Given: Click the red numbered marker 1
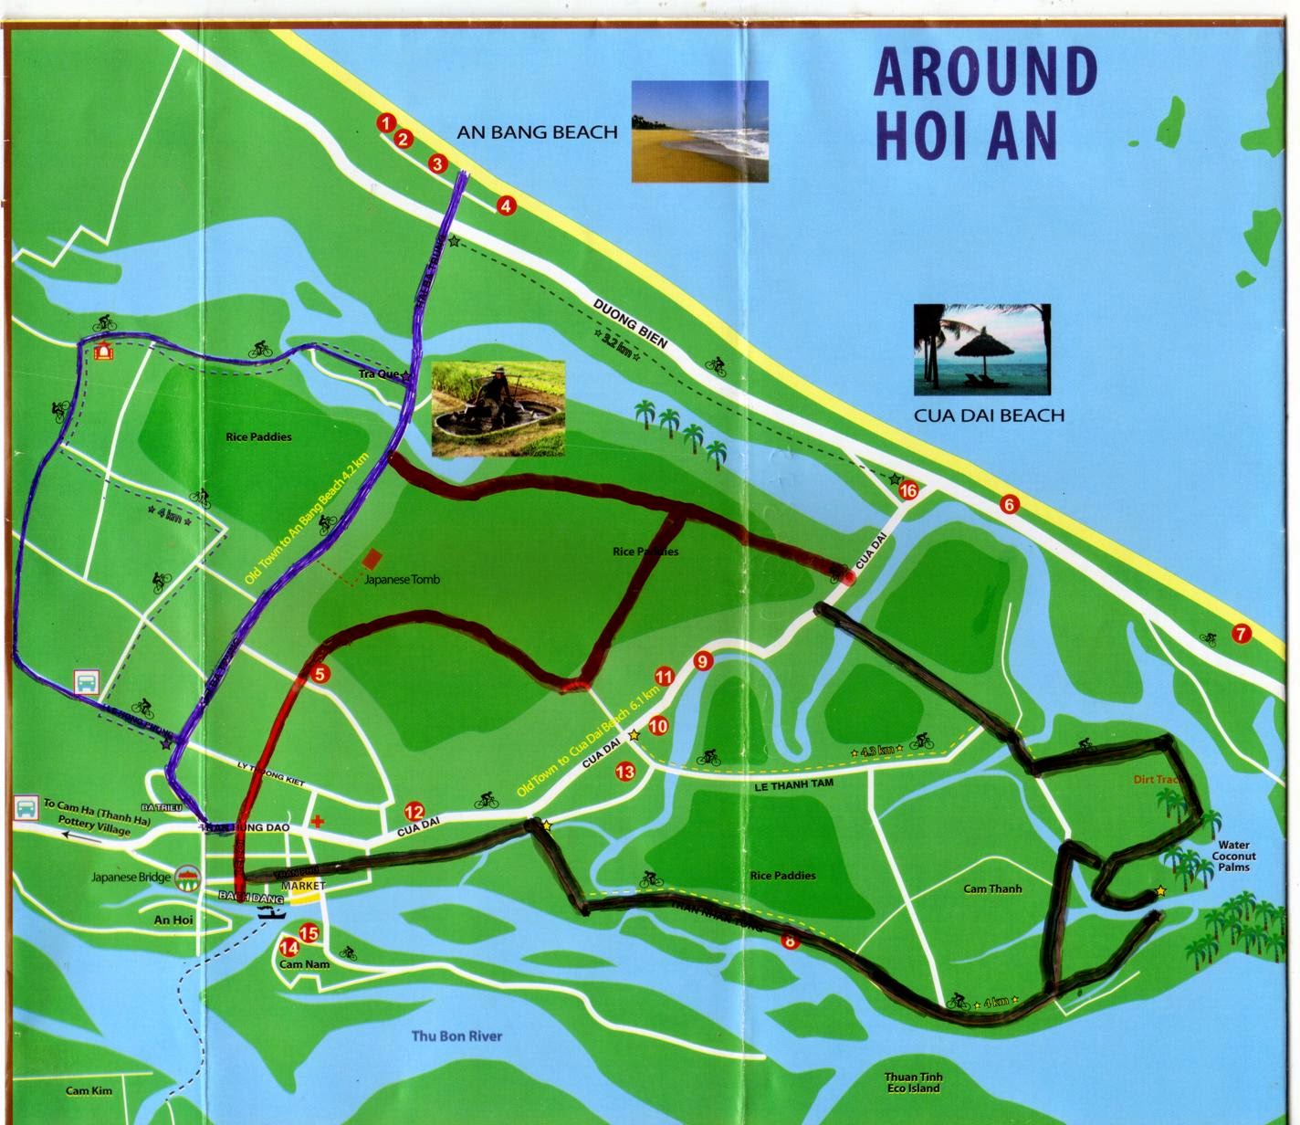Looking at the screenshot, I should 386,123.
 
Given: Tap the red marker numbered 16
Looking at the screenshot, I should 908,491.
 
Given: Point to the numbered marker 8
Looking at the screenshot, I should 789,941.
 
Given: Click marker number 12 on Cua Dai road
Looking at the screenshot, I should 414,812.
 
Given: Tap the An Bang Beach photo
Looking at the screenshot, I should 700,131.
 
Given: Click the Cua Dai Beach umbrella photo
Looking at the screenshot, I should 981,351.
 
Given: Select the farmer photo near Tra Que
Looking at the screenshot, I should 498,409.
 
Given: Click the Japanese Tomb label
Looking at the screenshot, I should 402,580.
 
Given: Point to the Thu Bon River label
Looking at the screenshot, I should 456,1036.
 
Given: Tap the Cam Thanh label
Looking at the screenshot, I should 992,888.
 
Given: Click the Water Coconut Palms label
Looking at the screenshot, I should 1232,856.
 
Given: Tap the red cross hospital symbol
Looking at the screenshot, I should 318,821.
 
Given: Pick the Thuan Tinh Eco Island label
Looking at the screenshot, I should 912,1082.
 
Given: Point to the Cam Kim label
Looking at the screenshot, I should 89,1091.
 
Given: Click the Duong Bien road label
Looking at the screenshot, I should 631,323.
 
